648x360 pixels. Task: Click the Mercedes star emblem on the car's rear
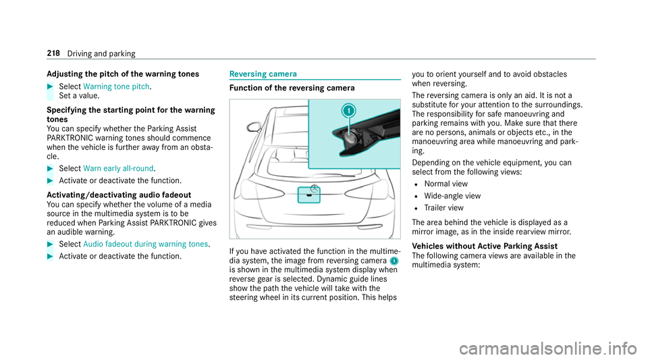click(313, 190)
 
